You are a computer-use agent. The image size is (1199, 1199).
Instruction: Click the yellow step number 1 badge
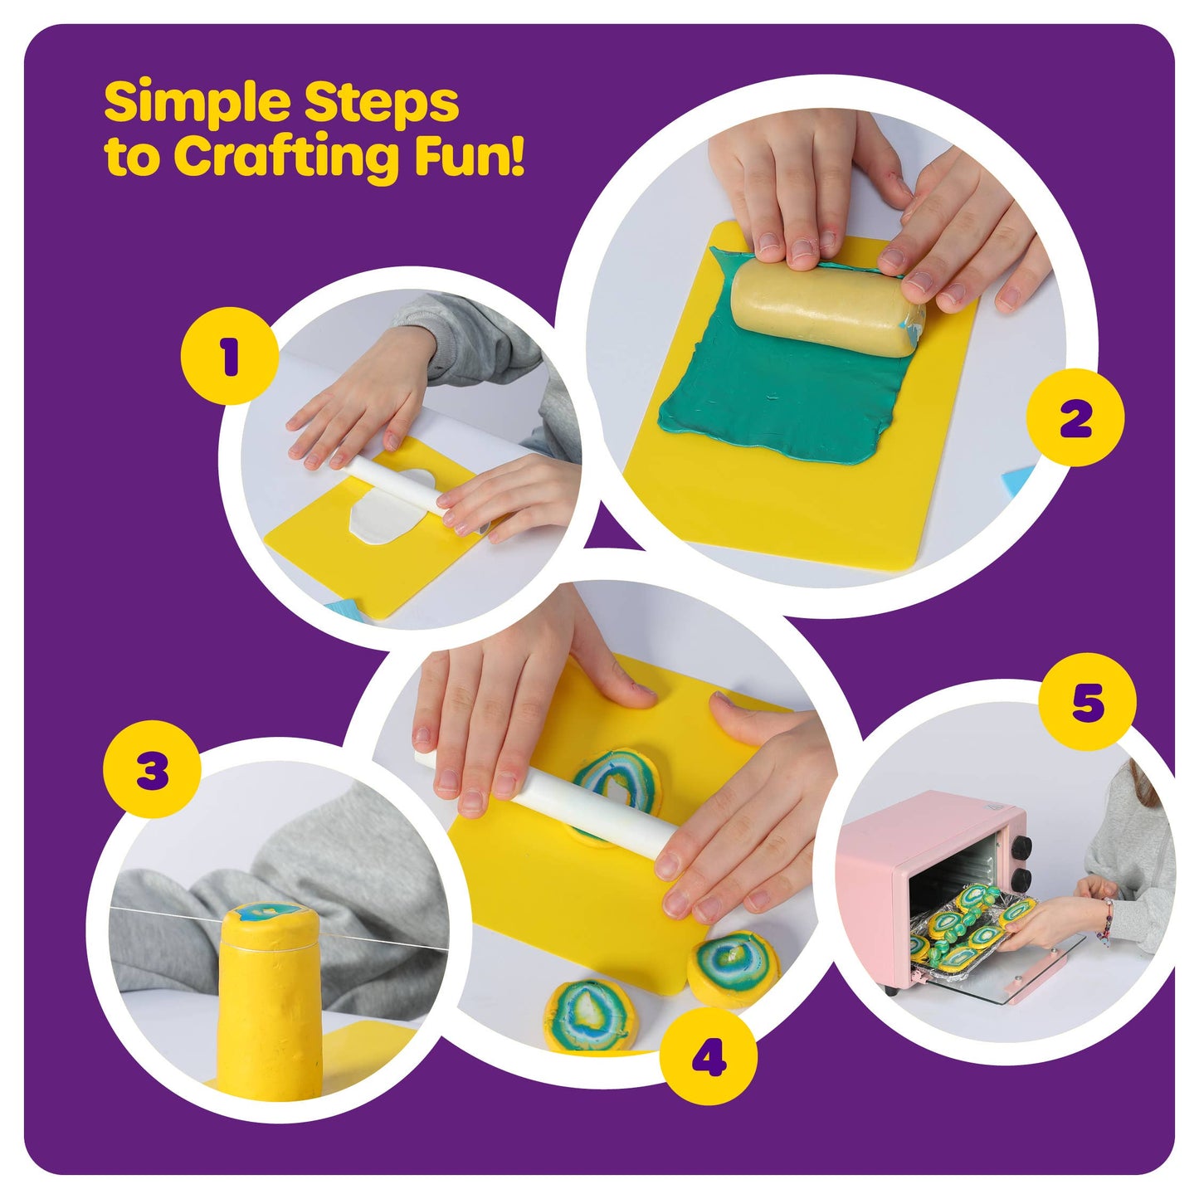pos(230,356)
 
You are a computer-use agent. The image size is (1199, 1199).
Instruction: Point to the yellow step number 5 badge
pos(1087,702)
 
